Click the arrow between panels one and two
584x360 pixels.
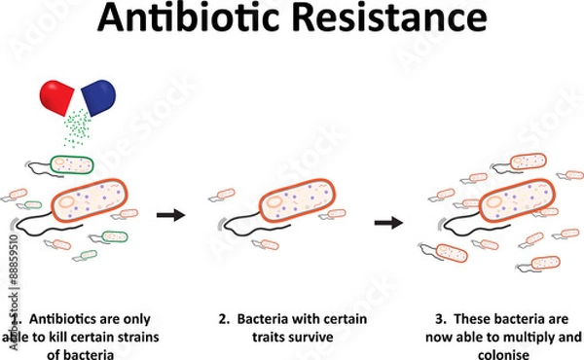coord(171,214)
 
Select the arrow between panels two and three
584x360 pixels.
coord(389,222)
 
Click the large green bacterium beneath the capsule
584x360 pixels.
coord(73,165)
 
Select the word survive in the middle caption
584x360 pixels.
coord(313,337)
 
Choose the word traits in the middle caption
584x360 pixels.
coord(274,337)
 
